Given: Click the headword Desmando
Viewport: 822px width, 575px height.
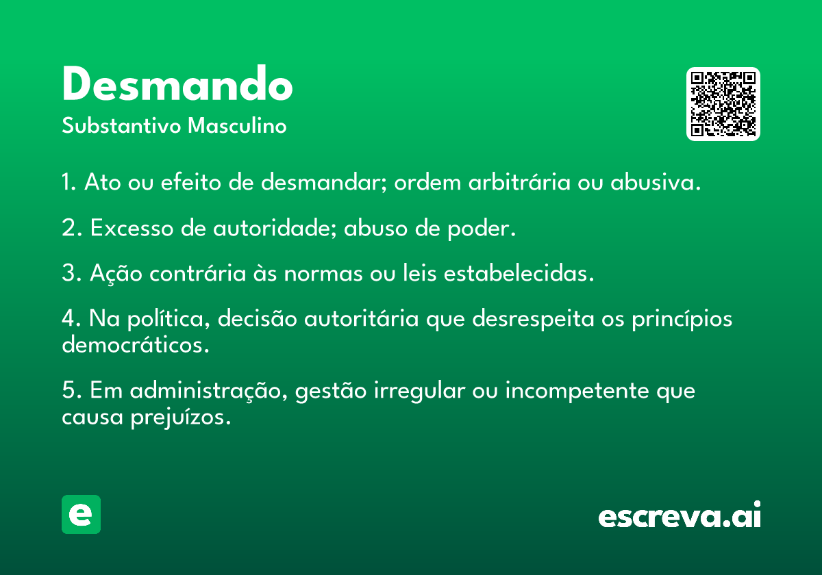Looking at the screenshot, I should point(177,85).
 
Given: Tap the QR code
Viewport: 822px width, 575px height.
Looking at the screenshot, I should point(723,104).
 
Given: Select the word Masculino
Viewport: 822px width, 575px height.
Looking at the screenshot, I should point(237,127).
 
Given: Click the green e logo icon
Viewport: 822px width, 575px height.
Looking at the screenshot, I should point(81,514).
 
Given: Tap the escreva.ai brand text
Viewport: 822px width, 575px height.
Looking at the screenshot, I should point(680,516).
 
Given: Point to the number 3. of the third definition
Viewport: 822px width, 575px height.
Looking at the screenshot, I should point(71,274).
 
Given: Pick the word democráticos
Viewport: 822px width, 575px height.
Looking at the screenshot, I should point(135,345).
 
